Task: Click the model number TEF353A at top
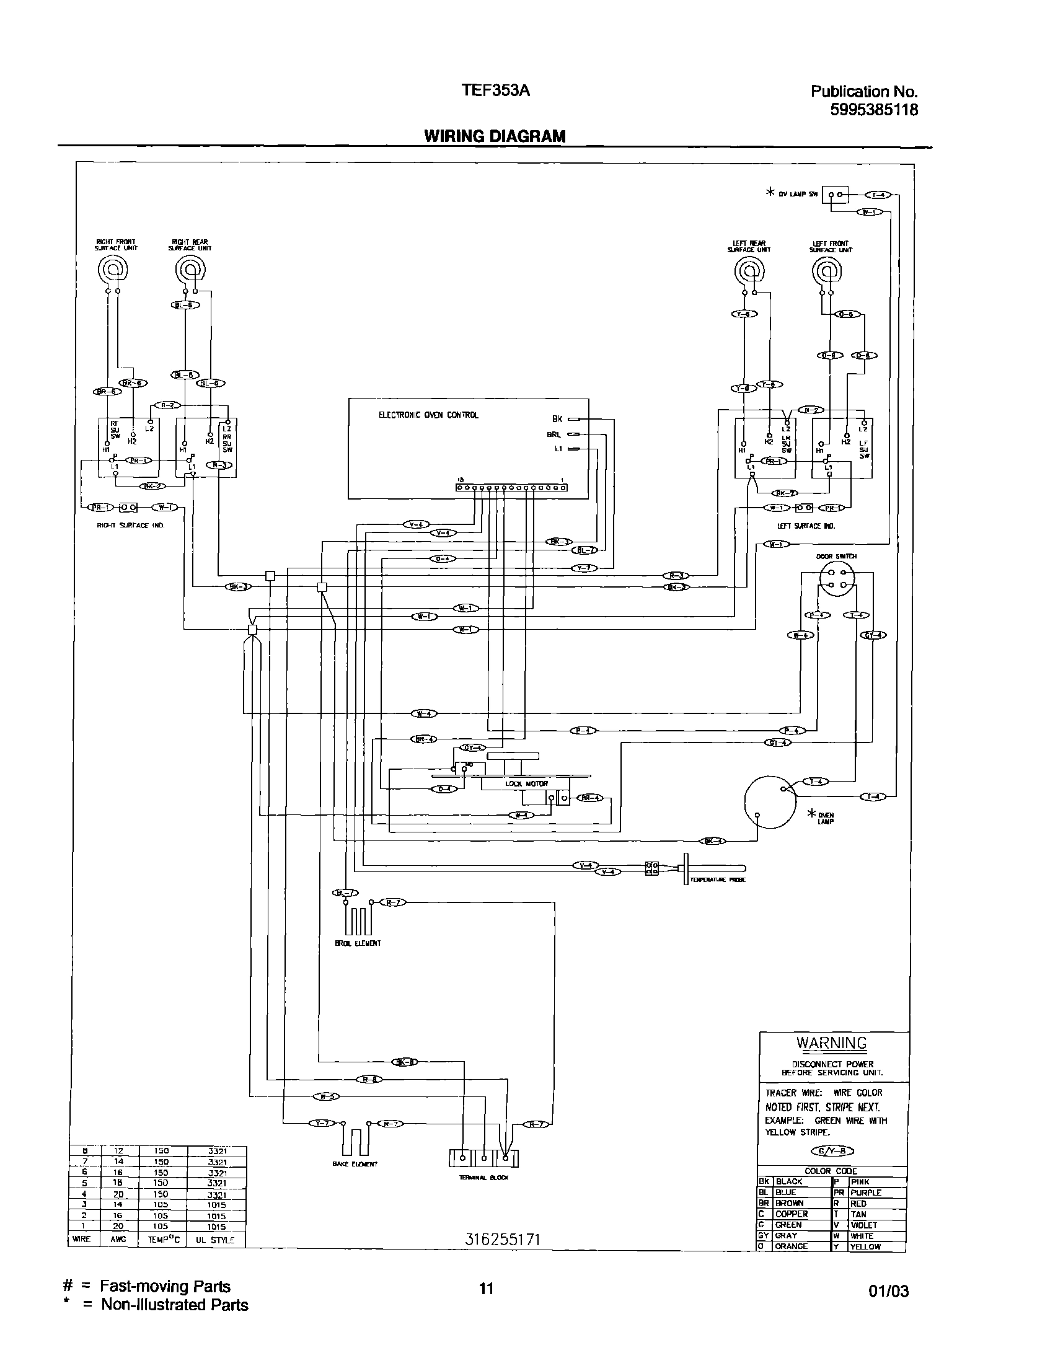(495, 91)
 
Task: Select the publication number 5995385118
(874, 110)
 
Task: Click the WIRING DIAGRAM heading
(495, 136)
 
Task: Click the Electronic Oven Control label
(428, 415)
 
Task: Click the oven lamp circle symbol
(770, 802)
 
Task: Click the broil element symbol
(358, 921)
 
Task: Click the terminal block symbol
(483, 1158)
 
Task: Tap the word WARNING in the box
(831, 1043)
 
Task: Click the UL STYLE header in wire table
(214, 1239)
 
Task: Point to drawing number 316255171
(502, 1240)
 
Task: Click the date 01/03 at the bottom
(888, 1292)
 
